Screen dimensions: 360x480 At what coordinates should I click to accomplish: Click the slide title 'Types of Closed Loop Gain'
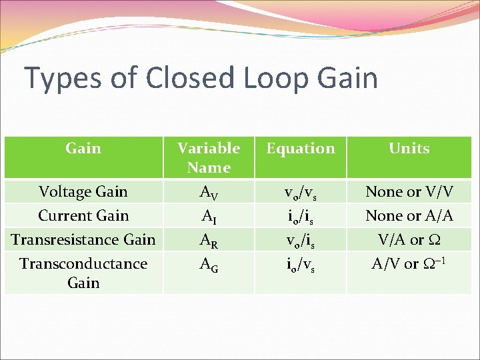(x=201, y=78)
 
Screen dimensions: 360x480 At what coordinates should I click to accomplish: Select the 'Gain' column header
(x=83, y=148)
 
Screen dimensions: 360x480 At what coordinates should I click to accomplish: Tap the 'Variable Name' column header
(x=209, y=157)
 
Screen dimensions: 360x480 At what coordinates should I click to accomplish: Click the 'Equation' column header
(x=301, y=148)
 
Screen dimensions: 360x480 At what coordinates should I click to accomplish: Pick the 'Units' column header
(x=409, y=148)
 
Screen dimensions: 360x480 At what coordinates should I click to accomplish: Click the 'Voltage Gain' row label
(x=83, y=192)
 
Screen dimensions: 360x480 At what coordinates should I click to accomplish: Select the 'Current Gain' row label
(x=83, y=216)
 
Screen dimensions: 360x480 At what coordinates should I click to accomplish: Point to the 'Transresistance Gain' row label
(x=83, y=239)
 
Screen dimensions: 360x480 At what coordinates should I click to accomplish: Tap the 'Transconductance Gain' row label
(x=83, y=273)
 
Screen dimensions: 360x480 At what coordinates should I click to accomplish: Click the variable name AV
(x=209, y=193)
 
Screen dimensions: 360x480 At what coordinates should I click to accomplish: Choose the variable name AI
(x=209, y=217)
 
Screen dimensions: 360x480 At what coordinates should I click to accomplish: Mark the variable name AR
(x=209, y=241)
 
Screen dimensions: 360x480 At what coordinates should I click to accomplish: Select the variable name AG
(x=209, y=265)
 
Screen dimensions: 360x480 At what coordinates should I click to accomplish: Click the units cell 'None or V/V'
(x=409, y=192)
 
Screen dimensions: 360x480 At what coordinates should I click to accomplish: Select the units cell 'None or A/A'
(x=409, y=216)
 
